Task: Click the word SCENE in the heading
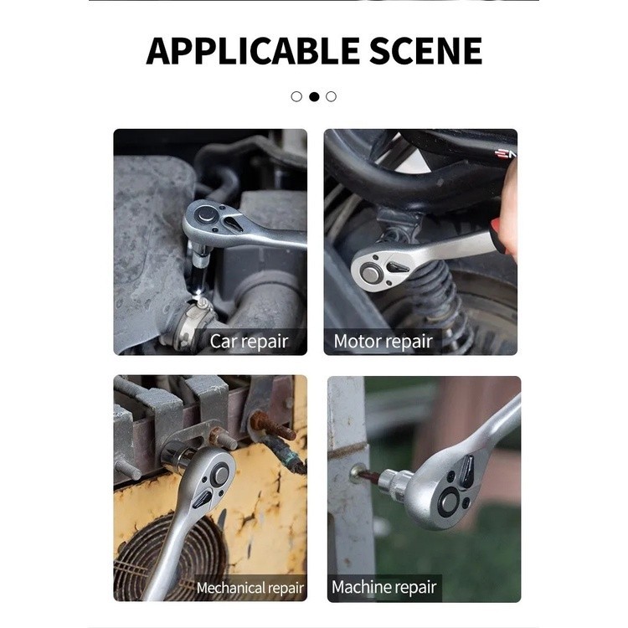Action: [x=425, y=51]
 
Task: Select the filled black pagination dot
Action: [x=314, y=96]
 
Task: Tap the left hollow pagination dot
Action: [x=296, y=96]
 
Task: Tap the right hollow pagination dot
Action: [x=332, y=96]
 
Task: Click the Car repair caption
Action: [x=249, y=342]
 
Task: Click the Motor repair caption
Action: [x=383, y=342]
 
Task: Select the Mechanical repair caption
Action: [x=250, y=588]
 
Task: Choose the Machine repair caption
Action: [x=383, y=587]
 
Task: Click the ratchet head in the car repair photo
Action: [x=213, y=220]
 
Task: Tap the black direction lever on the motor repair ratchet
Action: [x=397, y=266]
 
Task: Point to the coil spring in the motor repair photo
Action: [x=436, y=296]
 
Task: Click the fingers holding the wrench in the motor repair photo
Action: [x=507, y=213]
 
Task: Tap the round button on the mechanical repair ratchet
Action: [x=220, y=475]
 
